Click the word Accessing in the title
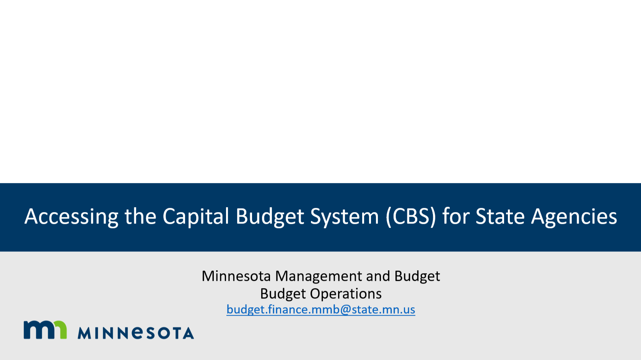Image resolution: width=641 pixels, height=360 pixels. click(71, 216)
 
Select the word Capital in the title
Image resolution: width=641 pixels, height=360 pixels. click(196, 216)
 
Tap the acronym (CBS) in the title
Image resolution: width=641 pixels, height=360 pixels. click(411, 216)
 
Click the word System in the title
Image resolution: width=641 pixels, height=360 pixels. click(345, 217)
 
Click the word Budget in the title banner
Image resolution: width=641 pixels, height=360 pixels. click(270, 216)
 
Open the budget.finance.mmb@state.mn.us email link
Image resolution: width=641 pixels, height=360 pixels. click(320, 310)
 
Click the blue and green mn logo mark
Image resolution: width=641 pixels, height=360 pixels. click(45, 330)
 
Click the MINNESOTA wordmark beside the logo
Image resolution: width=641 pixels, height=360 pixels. click(136, 333)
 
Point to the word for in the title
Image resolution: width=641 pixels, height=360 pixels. click(456, 216)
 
